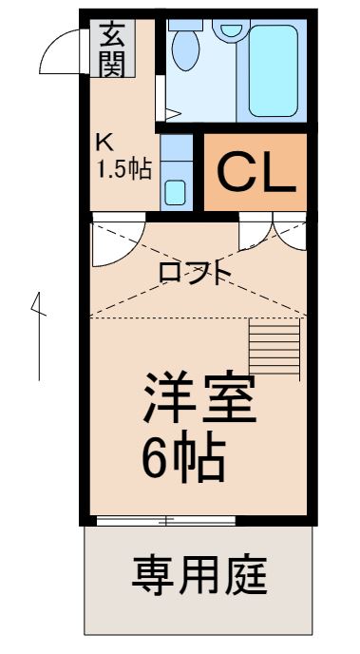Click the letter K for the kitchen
104,144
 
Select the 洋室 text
199,401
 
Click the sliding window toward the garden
166,520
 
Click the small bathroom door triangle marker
171,114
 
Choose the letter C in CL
237,172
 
